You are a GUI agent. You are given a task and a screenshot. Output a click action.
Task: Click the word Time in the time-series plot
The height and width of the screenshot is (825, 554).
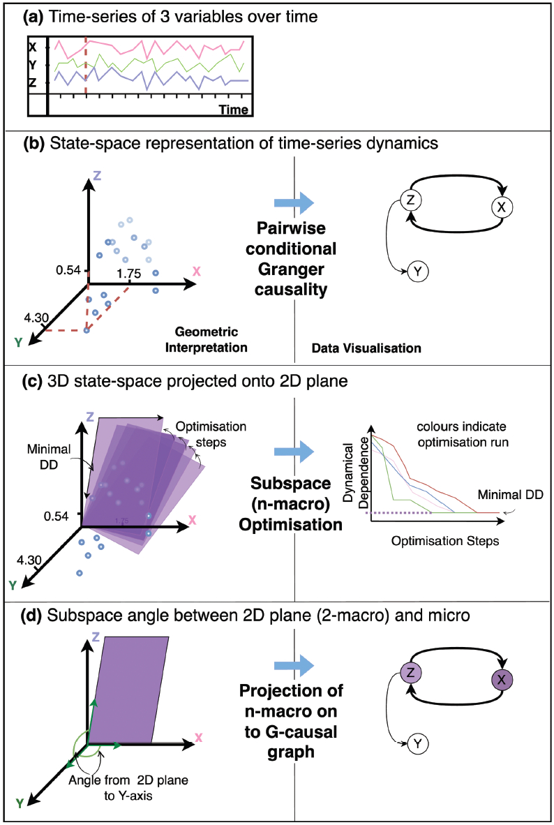(233, 109)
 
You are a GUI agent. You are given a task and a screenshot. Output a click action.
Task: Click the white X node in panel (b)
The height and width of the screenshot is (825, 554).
(502, 206)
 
